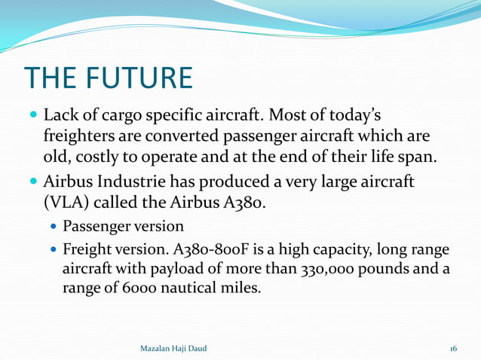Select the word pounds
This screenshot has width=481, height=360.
(382, 268)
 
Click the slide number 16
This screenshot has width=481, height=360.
(453, 348)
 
